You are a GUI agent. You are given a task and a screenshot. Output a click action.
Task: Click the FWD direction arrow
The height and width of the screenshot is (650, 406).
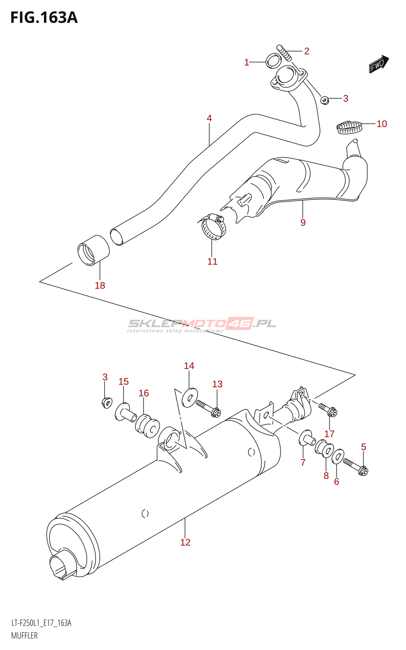pyautogui.click(x=379, y=64)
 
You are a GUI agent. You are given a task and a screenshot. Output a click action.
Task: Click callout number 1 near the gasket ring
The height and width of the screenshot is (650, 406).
pyautogui.click(x=246, y=62)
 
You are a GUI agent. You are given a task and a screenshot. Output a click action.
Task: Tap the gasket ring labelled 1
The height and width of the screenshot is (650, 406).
pyautogui.click(x=273, y=61)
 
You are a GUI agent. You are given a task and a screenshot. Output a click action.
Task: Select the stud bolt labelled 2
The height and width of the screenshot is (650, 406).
pyautogui.click(x=285, y=53)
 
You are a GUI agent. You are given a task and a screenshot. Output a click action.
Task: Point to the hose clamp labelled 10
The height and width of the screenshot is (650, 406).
pyautogui.click(x=349, y=127)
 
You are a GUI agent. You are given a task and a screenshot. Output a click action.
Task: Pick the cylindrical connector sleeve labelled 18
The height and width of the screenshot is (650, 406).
pyautogui.click(x=93, y=250)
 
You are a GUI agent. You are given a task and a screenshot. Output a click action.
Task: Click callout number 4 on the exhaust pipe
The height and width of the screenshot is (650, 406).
pyautogui.click(x=209, y=118)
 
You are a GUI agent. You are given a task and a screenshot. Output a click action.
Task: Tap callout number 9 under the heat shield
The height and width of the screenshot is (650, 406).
pyautogui.click(x=303, y=222)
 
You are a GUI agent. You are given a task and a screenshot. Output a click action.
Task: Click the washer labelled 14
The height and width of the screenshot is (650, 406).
pyautogui.click(x=189, y=397)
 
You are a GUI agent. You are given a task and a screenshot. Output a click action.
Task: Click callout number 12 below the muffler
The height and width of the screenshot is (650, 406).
pyautogui.click(x=185, y=542)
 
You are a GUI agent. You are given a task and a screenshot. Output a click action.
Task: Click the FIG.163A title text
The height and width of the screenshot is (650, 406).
pyautogui.click(x=44, y=17)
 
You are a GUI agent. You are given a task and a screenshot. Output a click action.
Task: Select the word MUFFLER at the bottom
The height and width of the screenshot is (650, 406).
pyautogui.click(x=24, y=635)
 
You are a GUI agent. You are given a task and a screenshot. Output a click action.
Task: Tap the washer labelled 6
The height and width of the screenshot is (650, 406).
pyautogui.click(x=338, y=457)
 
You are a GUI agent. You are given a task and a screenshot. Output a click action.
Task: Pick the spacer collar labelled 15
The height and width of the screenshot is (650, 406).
pyautogui.click(x=126, y=413)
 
